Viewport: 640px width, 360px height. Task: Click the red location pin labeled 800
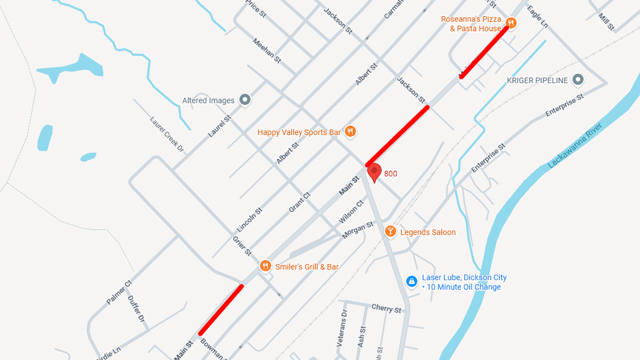375,173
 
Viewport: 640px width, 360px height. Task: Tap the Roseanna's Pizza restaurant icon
511,23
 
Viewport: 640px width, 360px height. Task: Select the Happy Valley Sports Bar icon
351,132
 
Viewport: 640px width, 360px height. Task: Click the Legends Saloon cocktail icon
390,232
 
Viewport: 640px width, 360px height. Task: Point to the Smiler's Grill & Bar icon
265,266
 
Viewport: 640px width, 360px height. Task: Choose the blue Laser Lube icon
411,281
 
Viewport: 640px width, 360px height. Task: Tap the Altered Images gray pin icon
245,100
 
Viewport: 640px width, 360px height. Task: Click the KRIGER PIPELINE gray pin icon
578,80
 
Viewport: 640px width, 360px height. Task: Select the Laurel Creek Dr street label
167,134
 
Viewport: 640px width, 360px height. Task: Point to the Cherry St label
386,308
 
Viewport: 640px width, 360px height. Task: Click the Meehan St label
267,51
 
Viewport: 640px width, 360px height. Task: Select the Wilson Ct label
351,212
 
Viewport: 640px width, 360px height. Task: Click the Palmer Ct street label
119,293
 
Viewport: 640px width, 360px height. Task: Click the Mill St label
606,22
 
